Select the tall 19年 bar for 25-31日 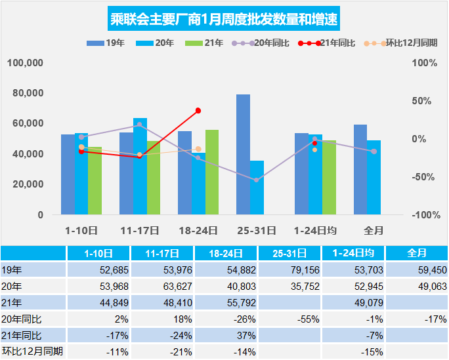(243, 154)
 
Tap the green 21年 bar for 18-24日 (212, 172)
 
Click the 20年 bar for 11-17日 (140, 166)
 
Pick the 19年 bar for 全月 (360, 169)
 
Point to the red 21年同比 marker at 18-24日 (198, 111)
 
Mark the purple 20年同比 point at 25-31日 (257, 180)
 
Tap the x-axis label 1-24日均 (316, 230)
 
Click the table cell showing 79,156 (289, 270)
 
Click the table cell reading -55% (289, 319)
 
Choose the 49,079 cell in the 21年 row (354, 302)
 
